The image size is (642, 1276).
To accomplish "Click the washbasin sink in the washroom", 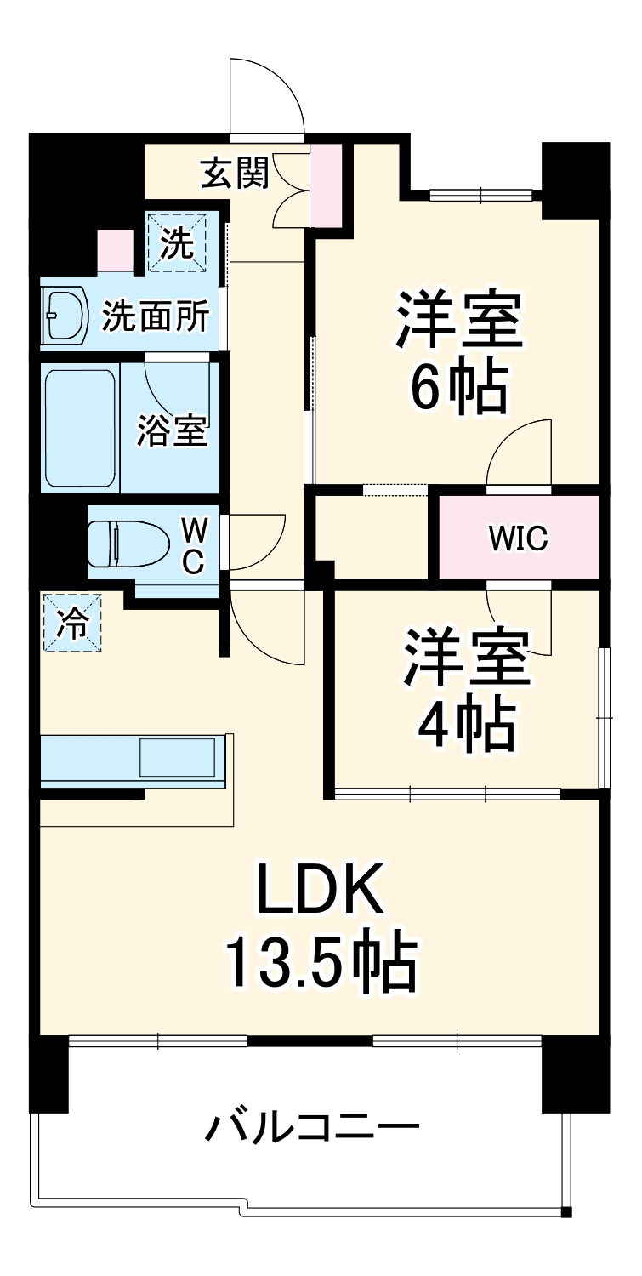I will coord(65,316).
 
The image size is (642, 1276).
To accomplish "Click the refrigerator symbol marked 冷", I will coord(71,624).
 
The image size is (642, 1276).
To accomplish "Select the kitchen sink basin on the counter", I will coord(177,755).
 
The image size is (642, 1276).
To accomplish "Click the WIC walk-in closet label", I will coord(518,538).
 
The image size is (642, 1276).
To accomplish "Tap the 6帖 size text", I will coord(459,388).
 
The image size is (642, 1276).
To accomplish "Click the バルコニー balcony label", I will coord(313,1129).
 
